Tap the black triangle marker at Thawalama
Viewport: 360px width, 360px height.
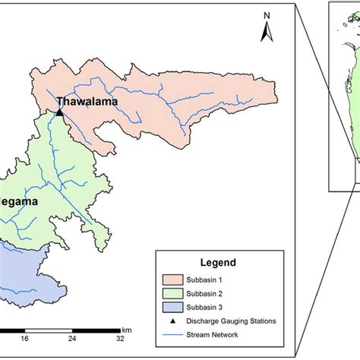[59, 112]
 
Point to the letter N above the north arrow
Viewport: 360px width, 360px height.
[267, 15]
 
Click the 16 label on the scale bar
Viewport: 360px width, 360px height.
[24, 339]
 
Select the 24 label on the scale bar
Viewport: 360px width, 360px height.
[72, 339]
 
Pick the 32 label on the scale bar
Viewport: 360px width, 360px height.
[120, 339]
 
